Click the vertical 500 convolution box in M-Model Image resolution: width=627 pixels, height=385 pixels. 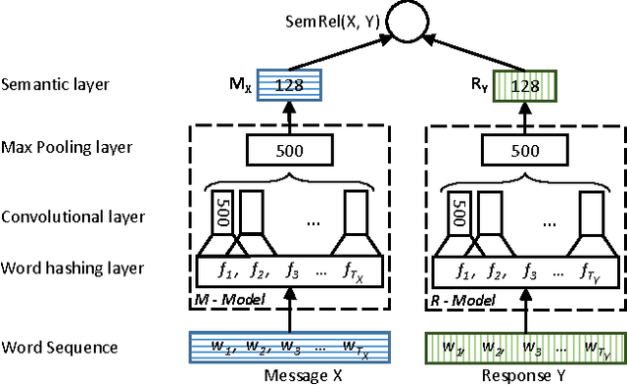222,213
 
